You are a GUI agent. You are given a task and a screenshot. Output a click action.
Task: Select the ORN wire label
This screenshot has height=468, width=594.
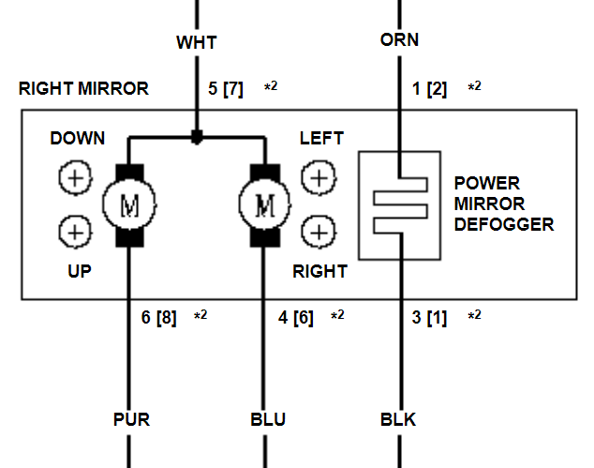[x=399, y=40]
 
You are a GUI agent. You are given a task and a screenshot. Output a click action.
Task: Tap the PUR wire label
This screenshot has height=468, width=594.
[x=130, y=418]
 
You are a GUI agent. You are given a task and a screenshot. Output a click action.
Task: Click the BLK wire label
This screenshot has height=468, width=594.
[x=399, y=418]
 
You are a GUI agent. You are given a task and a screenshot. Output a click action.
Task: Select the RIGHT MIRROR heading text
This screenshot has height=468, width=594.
[x=83, y=89]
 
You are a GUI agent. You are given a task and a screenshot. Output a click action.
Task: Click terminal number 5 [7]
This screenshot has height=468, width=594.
[x=225, y=89]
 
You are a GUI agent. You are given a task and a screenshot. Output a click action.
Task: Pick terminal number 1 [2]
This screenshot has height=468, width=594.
[x=430, y=89]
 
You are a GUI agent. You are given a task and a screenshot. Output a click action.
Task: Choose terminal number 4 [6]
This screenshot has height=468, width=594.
[x=297, y=317]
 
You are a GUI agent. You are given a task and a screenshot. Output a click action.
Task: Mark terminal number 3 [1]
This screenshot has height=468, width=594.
[x=430, y=317]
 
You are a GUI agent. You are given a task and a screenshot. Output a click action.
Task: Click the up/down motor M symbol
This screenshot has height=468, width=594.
[x=128, y=204]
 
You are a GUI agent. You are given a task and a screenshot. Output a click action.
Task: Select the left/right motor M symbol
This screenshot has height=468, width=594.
[x=265, y=204]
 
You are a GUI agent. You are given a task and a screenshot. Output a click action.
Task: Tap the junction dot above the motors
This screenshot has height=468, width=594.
[x=197, y=138]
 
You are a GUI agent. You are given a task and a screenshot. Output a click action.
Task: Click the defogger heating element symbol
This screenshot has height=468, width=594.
[x=400, y=204]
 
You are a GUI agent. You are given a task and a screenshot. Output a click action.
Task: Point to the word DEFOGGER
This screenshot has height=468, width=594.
[x=503, y=225]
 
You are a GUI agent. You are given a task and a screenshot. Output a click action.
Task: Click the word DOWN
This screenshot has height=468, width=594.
[x=78, y=139]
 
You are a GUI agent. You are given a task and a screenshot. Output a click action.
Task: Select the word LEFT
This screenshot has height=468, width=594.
[x=321, y=139]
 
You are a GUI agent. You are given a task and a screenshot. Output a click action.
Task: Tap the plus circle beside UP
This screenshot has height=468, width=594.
[x=75, y=230]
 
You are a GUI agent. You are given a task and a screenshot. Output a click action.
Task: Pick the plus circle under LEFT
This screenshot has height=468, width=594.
[x=319, y=176]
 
